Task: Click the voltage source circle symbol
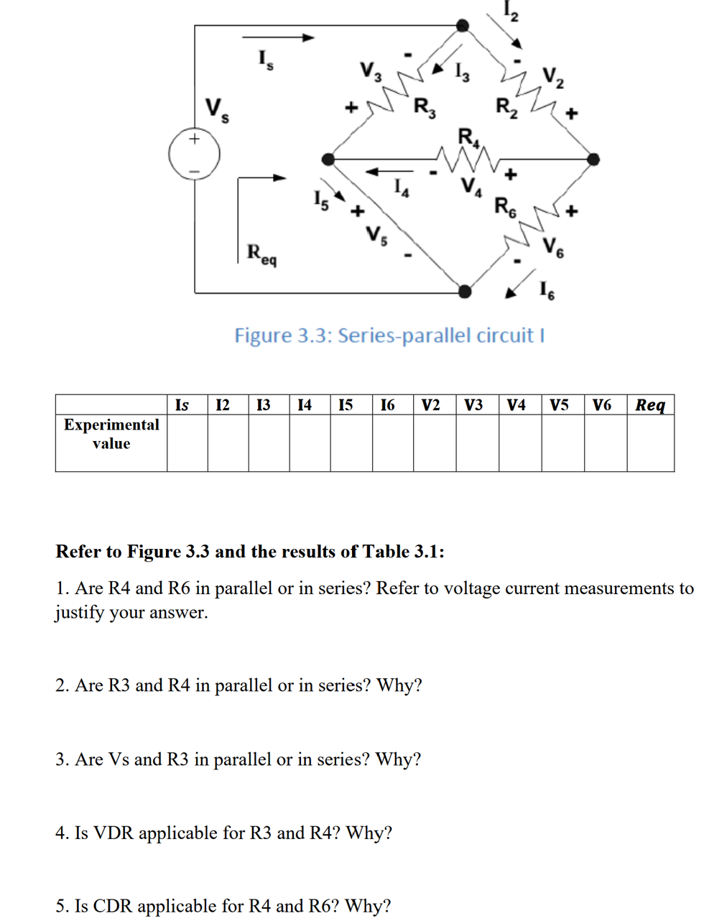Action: (194, 154)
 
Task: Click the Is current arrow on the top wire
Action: (278, 37)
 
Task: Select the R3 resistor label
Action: (425, 108)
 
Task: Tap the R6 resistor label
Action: (505, 207)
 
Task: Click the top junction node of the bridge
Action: (463, 26)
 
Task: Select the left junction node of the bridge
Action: (328, 159)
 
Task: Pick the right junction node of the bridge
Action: (593, 159)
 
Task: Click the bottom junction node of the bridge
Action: (465, 291)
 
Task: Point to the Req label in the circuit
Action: (261, 254)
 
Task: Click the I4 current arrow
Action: (389, 172)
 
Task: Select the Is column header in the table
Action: (182, 405)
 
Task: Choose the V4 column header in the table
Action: (517, 405)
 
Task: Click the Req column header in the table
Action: (650, 405)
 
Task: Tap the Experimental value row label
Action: (111, 434)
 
